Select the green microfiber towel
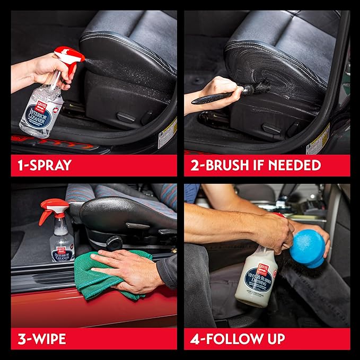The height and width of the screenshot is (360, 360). pyautogui.click(x=101, y=278)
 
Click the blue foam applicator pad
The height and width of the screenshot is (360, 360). pyautogui.click(x=307, y=247)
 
